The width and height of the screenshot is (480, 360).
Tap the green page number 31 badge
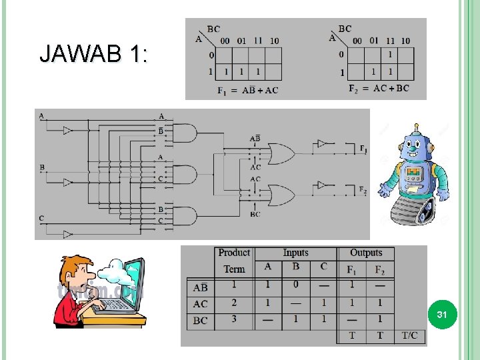point(441,313)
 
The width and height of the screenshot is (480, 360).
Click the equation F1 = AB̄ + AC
point(247,91)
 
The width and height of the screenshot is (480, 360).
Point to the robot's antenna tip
point(417,125)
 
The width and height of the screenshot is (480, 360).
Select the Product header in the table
point(234,253)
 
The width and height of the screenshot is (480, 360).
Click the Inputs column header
point(295,253)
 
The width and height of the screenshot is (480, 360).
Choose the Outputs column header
point(366,253)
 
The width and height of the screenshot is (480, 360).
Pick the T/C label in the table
point(409,335)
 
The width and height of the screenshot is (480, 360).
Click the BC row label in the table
point(200,321)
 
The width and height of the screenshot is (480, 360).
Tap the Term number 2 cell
point(234,303)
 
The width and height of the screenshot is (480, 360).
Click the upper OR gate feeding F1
point(280,155)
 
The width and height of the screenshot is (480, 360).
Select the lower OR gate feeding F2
point(280,195)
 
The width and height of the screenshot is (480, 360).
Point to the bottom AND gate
point(185,216)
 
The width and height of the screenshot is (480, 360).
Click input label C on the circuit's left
point(41,219)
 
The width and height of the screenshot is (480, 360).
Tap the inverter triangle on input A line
point(67,131)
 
